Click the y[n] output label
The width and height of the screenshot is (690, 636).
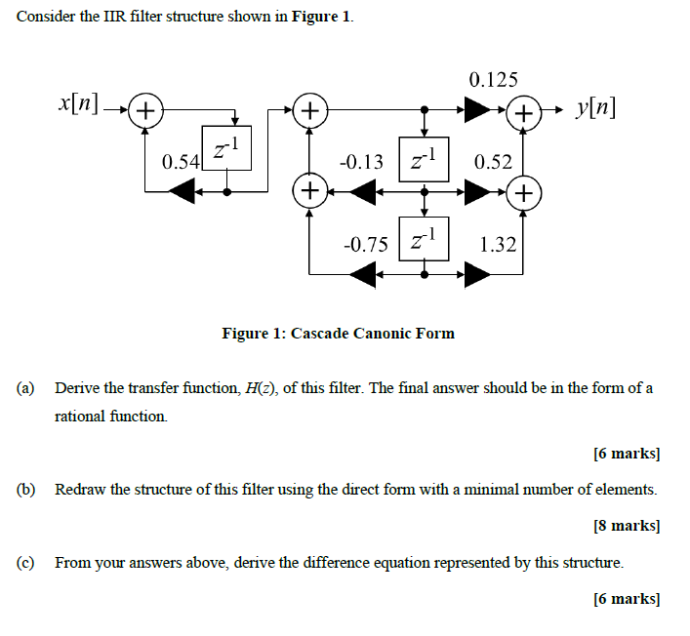pyautogui.click(x=596, y=106)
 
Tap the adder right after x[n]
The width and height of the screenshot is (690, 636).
pyautogui.click(x=145, y=109)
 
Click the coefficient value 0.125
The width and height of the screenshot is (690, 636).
pyautogui.click(x=494, y=80)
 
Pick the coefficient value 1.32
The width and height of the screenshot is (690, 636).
pyautogui.click(x=498, y=243)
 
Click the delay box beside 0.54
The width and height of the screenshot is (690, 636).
pyautogui.click(x=226, y=150)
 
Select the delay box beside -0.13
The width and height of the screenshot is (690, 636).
pyautogui.click(x=424, y=158)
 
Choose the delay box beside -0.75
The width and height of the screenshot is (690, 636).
pyautogui.click(x=424, y=239)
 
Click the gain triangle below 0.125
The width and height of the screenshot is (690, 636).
pyautogui.click(x=478, y=109)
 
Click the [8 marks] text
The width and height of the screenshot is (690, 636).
pyautogui.click(x=627, y=526)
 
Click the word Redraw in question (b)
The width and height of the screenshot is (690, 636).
pyautogui.click(x=80, y=489)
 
